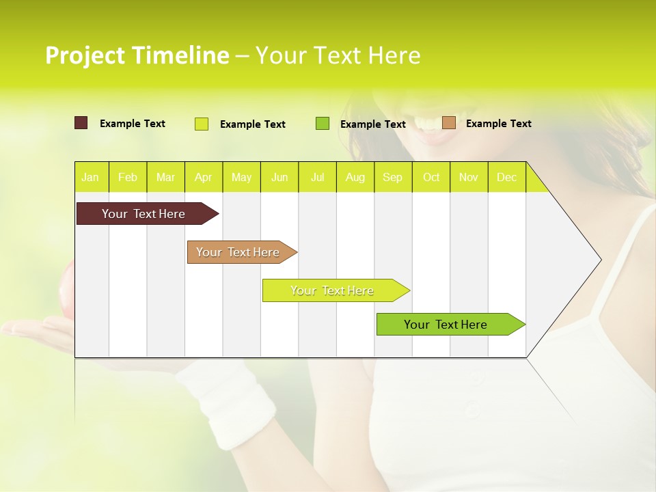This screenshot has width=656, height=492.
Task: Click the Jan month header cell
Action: point(91,177)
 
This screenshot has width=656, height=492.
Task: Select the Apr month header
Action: point(204,177)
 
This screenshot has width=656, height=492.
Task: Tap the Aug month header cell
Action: point(355,177)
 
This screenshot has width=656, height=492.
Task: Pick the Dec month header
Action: point(506,177)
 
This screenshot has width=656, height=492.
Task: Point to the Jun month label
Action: point(279,177)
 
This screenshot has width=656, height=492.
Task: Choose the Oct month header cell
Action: point(431,177)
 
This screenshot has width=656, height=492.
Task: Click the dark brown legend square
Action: point(81,123)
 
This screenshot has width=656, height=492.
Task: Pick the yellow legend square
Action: point(202,124)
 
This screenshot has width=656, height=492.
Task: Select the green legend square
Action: point(323,124)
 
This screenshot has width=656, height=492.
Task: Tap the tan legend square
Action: point(448,123)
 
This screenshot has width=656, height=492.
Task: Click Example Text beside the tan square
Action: point(498,124)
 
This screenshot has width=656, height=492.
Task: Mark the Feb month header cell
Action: point(128,177)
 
